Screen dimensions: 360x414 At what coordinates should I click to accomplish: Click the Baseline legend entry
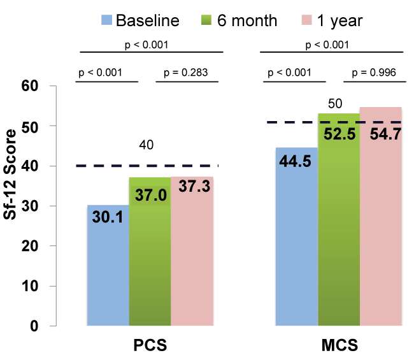(140, 20)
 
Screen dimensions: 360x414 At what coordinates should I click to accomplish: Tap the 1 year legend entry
(331, 20)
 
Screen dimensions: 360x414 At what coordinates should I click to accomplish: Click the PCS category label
(150, 347)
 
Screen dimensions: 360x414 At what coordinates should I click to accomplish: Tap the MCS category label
(338, 347)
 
